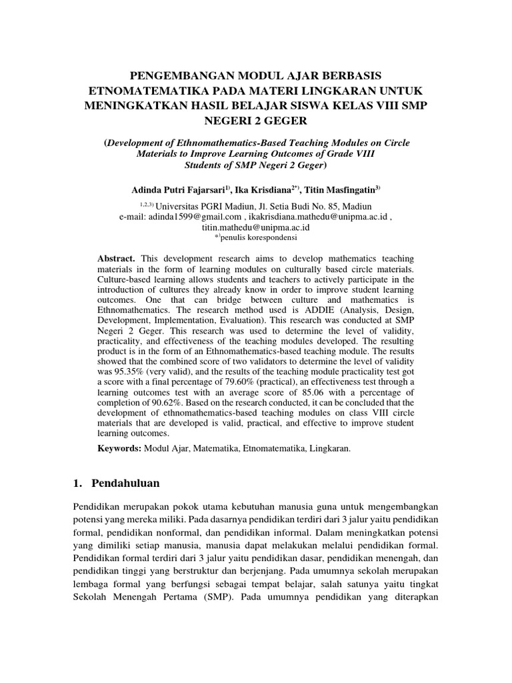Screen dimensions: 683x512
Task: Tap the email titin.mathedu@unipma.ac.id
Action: pos(255,227)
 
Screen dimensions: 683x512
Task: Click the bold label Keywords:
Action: pos(119,450)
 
